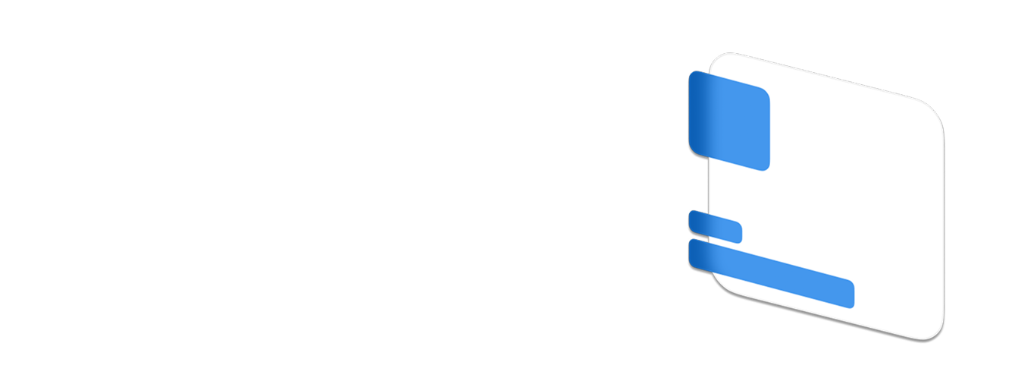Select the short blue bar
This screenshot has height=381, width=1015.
[x=715, y=226]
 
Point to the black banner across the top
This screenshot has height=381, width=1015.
[x=507, y=19]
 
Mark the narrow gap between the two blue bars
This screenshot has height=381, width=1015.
[x=713, y=238]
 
